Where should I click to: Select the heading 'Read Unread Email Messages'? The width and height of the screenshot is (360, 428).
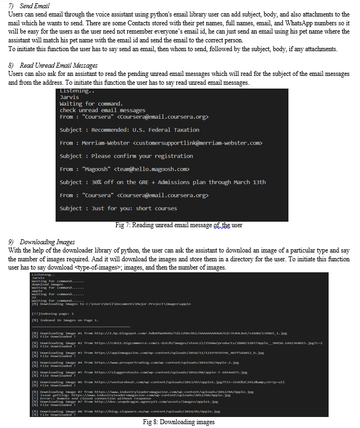click(x=58, y=65)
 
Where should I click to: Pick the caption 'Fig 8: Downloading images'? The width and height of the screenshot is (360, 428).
click(x=178, y=422)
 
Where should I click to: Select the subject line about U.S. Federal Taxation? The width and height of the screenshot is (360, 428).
click(x=129, y=130)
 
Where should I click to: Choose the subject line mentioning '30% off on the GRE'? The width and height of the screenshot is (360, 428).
click(x=162, y=182)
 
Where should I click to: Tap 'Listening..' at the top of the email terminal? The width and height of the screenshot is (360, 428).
click(x=78, y=91)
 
